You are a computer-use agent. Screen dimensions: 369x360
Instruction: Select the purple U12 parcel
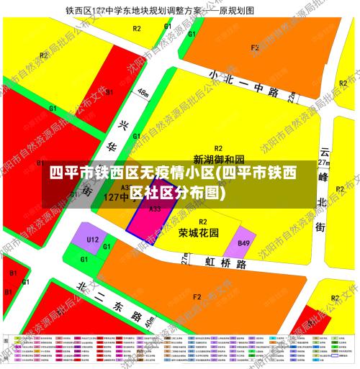tap(92, 240)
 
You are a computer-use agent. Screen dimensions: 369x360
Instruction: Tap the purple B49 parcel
tap(244, 245)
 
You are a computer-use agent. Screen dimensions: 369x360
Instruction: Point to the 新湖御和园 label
tap(219, 158)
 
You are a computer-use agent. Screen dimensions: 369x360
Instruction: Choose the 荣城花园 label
tap(199, 233)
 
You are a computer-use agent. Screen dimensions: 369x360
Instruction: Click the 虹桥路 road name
tap(225, 264)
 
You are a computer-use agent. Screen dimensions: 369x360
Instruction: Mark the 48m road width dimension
tap(143, 94)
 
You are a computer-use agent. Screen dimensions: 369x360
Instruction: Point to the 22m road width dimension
tap(292, 96)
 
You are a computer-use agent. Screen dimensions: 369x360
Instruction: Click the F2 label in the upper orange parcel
tap(254, 48)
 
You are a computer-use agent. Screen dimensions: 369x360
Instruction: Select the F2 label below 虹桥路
tap(197, 296)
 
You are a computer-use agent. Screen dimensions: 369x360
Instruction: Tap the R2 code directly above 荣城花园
tap(203, 222)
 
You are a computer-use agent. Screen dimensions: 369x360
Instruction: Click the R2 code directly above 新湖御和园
tap(217, 147)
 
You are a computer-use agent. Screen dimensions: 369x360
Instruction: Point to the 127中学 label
tap(100, 196)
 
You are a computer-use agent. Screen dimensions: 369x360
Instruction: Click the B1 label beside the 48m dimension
tap(109, 92)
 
